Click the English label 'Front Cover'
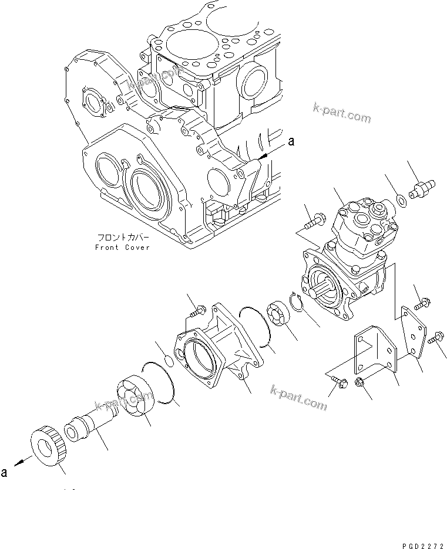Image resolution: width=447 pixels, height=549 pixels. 122,248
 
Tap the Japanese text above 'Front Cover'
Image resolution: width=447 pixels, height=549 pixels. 123,238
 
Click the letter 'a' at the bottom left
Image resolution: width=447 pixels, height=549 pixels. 4,473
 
